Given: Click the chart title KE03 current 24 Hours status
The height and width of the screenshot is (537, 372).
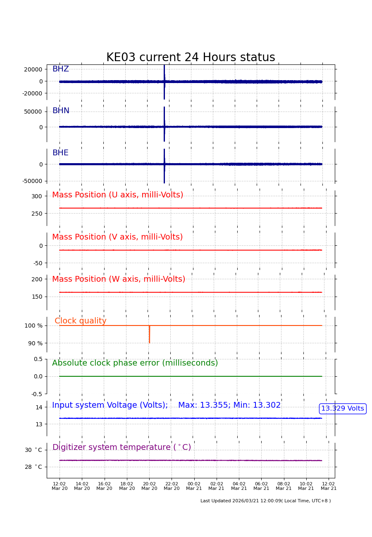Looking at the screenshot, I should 191,58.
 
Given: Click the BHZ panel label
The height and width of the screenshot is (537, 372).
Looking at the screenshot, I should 60,69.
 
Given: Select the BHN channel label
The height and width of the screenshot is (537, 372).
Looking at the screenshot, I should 61,111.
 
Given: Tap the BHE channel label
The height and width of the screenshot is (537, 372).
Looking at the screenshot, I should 60,153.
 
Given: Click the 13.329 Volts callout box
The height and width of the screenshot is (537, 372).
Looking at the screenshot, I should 343,409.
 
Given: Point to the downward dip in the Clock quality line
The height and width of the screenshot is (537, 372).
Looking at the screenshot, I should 149,335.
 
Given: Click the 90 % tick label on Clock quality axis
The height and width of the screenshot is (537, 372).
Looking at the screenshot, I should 35,343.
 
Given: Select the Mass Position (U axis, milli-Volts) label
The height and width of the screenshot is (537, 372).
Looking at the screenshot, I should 117,195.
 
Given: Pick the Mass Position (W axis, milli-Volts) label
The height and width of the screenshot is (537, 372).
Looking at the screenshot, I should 119,280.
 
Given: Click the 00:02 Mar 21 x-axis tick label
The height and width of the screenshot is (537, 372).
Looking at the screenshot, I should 194,486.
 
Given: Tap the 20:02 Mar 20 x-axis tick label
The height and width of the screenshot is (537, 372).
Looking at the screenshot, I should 149,486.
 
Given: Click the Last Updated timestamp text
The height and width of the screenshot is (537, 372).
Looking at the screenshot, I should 265,501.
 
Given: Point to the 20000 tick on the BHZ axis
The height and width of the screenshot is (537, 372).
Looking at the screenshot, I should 33,69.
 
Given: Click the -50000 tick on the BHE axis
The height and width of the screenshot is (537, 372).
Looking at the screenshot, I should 32,181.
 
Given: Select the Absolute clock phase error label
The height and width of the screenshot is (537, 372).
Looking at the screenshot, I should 135,364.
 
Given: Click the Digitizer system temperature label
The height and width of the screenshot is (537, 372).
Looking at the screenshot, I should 122,448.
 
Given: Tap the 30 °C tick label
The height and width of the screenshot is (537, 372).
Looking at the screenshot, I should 33,450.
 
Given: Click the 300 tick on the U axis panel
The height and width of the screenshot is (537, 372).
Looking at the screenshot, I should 37,197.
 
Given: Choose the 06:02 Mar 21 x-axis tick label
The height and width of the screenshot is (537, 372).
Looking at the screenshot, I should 261,486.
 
